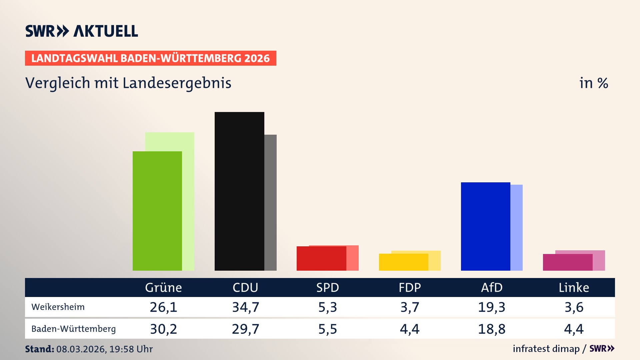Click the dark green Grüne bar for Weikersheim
[157, 211]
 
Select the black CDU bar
[239, 191]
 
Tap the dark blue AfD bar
[485, 226]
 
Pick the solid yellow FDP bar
[403, 262]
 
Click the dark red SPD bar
[321, 258]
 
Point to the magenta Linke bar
[567, 262]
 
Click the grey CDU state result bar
[270, 202]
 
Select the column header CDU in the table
[245, 287]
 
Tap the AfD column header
[492, 287]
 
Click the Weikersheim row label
[58, 307]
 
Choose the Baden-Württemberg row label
[74, 329]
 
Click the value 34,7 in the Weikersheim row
[246, 307]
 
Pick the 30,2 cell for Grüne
[163, 329]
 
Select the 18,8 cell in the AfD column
[492, 329]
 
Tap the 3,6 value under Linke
[574, 307]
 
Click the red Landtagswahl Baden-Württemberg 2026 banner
[150, 58]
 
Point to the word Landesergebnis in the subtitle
[177, 83]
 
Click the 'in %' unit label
[594, 83]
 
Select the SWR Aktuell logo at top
[82, 31]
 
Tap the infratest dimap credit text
[546, 349]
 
